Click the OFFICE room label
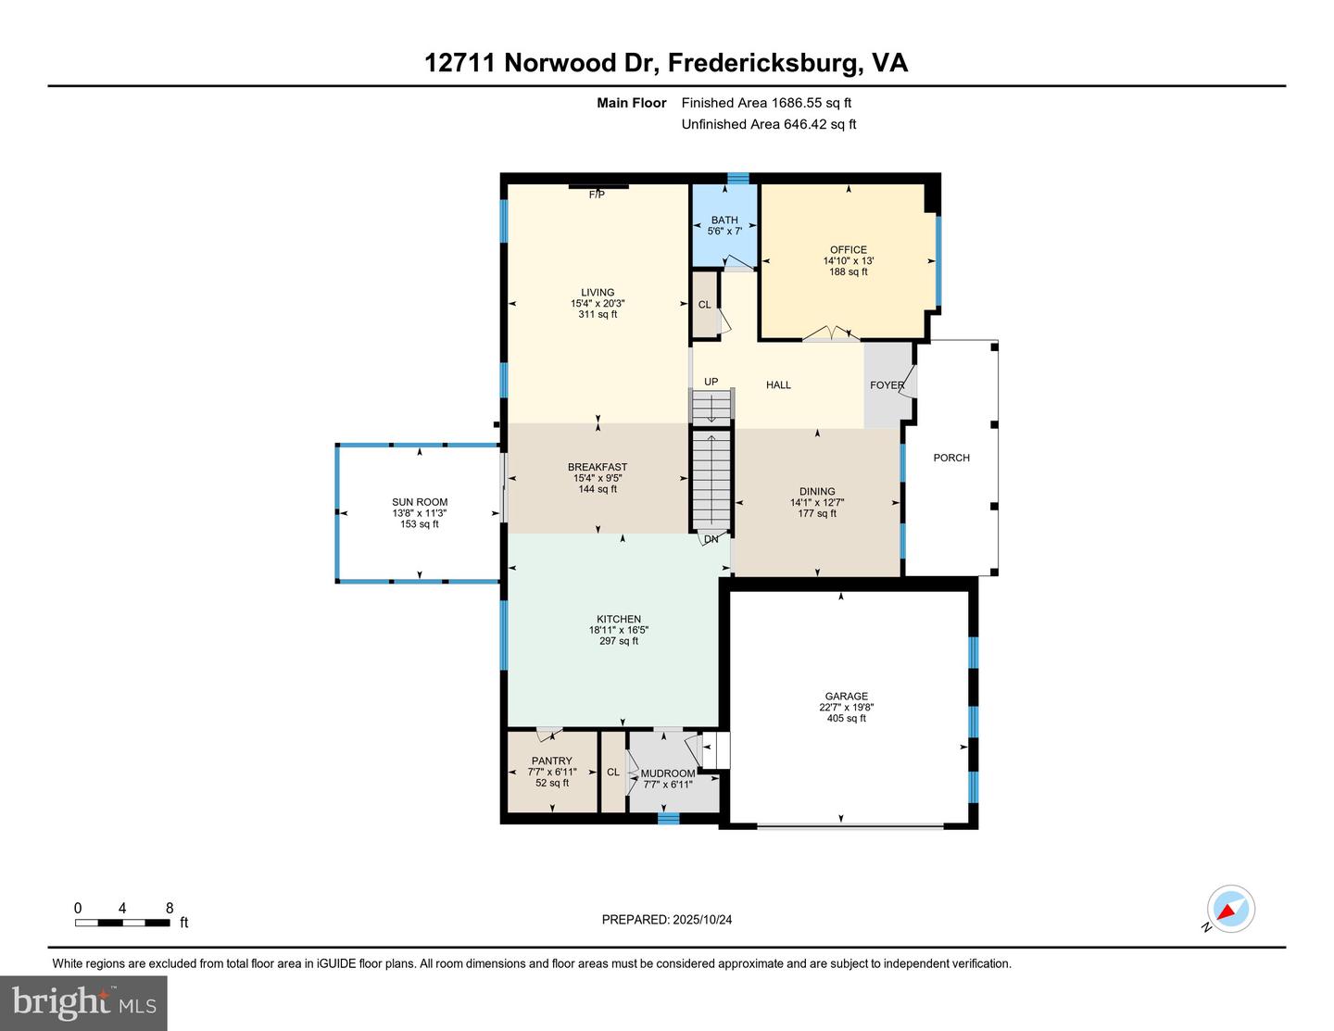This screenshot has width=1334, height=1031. (848, 249)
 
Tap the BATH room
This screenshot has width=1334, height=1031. (724, 225)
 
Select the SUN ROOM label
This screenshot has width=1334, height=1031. (420, 502)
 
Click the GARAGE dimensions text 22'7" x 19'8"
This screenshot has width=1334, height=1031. (847, 708)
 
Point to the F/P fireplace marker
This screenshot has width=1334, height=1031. (597, 195)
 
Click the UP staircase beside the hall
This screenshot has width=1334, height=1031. (711, 406)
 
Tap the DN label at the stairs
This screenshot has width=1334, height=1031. (711, 539)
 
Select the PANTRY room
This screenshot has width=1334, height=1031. (552, 772)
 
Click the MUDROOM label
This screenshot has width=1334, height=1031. (667, 773)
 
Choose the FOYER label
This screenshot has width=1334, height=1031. (887, 385)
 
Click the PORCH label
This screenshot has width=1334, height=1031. (951, 458)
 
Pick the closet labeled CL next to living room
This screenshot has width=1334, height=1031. (704, 305)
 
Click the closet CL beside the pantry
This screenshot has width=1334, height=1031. (613, 772)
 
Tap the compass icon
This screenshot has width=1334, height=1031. (1230, 910)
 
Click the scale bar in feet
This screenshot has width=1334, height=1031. (122, 923)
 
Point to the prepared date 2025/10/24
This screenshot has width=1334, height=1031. (667, 920)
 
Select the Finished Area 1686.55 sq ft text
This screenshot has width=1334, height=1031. (766, 103)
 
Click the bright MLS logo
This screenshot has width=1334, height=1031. (83, 1002)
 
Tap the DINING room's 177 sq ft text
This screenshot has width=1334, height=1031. (817, 513)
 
